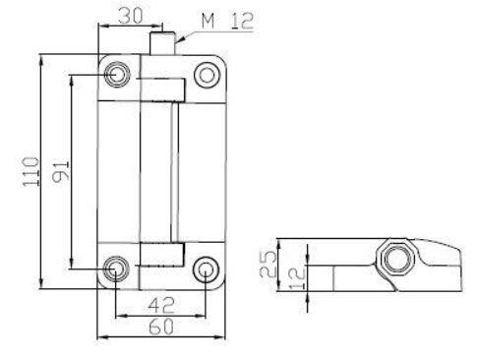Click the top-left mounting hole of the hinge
click(x=119, y=74)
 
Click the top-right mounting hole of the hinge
click(x=206, y=74)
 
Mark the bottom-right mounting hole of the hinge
click(x=206, y=268)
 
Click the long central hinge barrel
click(x=160, y=172)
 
